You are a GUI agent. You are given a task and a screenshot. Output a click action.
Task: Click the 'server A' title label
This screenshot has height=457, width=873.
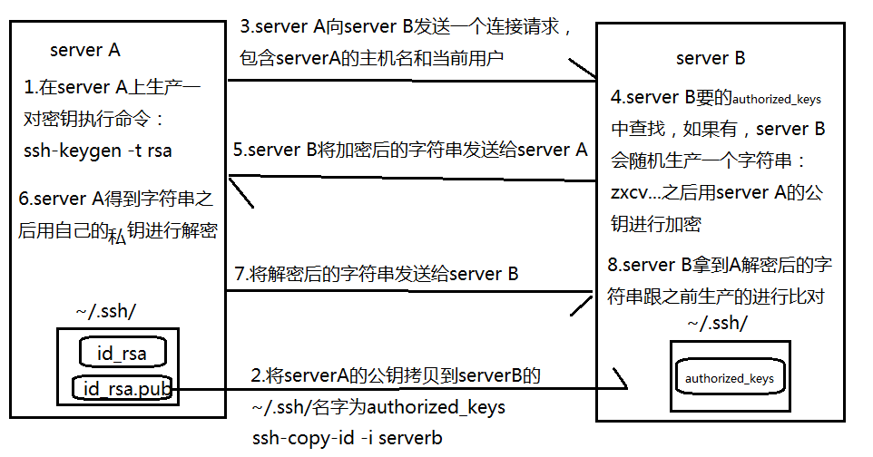tap(85, 50)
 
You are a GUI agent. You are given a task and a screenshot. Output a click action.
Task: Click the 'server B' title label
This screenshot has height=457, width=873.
tap(711, 58)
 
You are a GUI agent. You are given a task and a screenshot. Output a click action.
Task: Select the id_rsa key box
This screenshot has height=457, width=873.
tap(123, 353)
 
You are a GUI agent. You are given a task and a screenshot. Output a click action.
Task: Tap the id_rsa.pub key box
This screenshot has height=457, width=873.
tap(123, 388)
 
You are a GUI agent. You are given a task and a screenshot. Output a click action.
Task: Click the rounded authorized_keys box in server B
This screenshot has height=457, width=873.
tap(730, 377)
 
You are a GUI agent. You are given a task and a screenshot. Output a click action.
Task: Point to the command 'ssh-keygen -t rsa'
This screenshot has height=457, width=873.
tap(97, 151)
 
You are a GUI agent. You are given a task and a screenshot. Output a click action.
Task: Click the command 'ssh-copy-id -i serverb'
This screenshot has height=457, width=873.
tap(347, 438)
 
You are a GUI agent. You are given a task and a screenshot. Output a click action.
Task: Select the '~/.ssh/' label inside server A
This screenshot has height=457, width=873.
tap(106, 311)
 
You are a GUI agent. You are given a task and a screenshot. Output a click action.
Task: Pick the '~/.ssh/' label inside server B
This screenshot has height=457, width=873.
tap(717, 322)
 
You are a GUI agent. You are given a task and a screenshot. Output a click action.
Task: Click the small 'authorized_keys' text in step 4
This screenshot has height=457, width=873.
tap(777, 99)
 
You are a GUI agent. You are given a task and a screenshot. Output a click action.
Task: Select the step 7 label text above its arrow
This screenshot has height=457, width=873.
tap(377, 273)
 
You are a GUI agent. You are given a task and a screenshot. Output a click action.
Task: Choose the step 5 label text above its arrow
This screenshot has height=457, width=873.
tap(410, 150)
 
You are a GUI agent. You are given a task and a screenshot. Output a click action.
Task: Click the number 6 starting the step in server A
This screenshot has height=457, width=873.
tap(24, 199)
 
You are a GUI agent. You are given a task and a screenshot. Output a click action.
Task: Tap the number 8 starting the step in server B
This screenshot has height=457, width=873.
tap(613, 265)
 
